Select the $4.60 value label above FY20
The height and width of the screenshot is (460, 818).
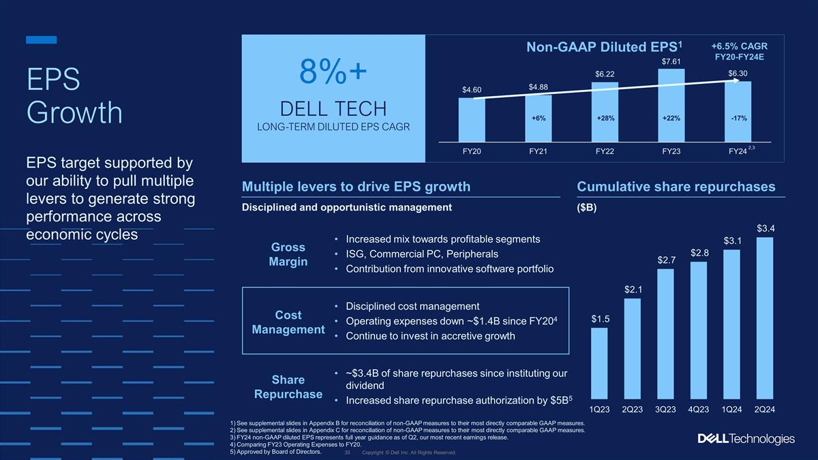pos(472,90)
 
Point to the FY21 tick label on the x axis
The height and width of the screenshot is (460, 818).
pos(539,151)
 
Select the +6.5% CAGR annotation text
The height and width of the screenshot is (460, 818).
pos(739,46)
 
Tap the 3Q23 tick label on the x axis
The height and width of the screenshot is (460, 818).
pos(666,409)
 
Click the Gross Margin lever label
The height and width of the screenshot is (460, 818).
pos(288,254)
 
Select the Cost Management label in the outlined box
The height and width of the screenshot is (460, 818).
pos(288,322)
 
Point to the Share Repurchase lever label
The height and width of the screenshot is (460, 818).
pos(288,386)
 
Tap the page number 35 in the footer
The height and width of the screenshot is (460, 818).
pos(348,453)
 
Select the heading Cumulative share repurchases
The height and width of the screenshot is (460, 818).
pos(676,187)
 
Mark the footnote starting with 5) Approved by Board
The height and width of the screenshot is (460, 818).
pos(275,450)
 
